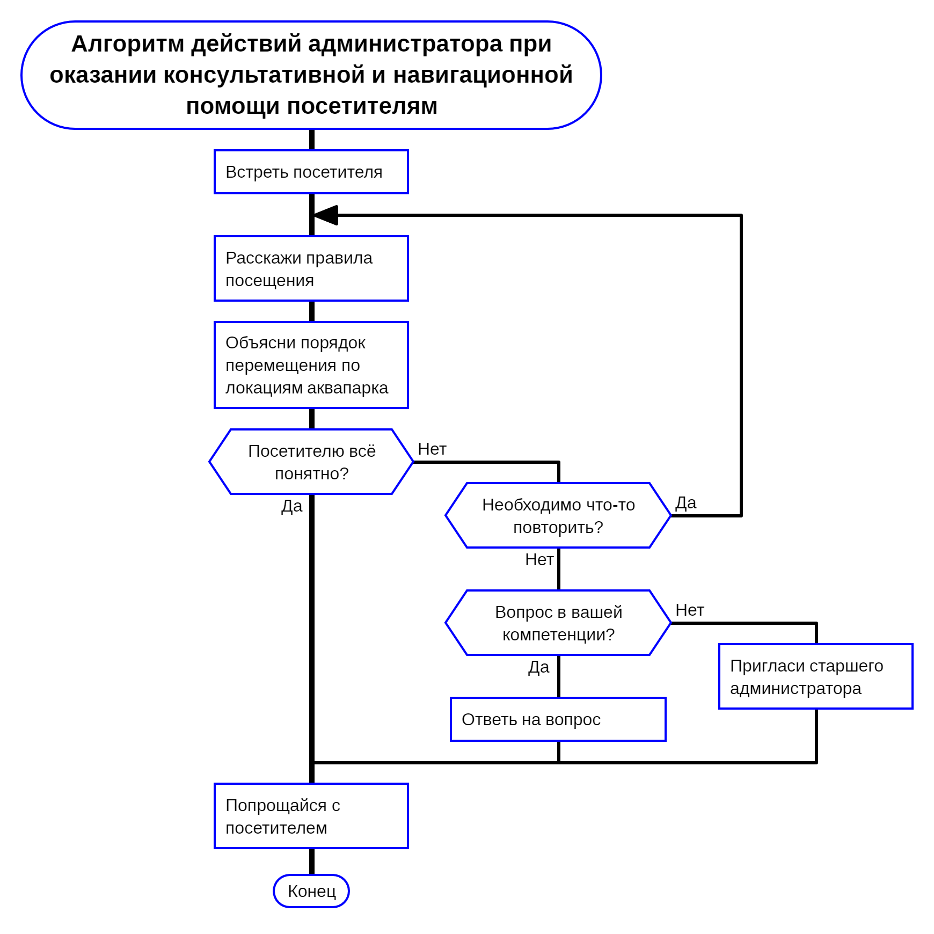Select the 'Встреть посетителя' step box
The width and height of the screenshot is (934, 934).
(311, 172)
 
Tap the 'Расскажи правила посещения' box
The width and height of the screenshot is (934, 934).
(311, 268)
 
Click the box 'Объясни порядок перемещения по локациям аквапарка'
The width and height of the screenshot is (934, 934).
(311, 365)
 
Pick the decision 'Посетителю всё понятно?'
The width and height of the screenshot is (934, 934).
(311, 462)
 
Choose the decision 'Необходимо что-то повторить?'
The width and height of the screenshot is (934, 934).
(558, 515)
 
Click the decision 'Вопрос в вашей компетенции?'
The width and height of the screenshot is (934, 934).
(558, 623)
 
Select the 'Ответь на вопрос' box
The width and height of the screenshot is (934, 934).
(558, 719)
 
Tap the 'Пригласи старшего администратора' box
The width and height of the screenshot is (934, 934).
(815, 676)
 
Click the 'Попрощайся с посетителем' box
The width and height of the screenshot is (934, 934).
(311, 816)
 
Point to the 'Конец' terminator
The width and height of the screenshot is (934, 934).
(311, 891)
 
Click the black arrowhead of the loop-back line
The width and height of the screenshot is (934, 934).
(326, 215)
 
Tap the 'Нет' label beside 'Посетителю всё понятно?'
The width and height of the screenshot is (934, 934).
(432, 449)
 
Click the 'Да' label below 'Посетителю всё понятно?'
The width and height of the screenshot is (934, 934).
(292, 506)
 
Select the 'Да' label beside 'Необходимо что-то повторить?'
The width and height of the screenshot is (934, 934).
(685, 503)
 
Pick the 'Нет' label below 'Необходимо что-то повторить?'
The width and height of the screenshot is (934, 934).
(539, 559)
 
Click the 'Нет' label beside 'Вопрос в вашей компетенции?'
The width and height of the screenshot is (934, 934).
(689, 610)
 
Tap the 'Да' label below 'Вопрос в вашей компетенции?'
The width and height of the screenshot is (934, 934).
(539, 667)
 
